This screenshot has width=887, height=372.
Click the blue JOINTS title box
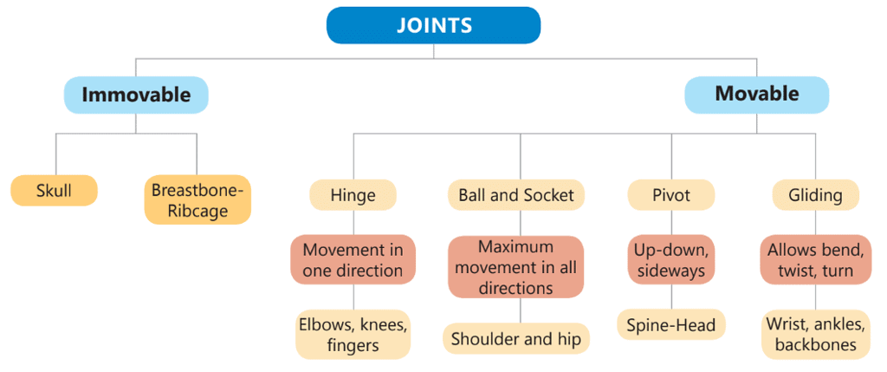(x=433, y=25)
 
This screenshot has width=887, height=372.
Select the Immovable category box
(x=136, y=95)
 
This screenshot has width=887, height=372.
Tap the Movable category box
(x=756, y=95)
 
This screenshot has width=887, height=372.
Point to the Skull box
(x=54, y=191)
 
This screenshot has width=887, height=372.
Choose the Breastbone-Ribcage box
(x=197, y=200)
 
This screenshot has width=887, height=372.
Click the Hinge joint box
(x=353, y=195)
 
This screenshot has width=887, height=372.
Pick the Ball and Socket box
(x=516, y=195)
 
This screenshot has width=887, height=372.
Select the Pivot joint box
(x=671, y=195)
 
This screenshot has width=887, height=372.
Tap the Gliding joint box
(x=815, y=195)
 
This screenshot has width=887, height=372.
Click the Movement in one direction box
(x=353, y=260)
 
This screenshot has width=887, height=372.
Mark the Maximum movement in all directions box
(x=516, y=267)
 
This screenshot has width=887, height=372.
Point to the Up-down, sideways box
(x=671, y=260)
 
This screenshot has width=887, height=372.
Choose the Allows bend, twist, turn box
(x=815, y=260)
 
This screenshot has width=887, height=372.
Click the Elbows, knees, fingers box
(x=353, y=335)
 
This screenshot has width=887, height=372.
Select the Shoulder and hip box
(x=516, y=339)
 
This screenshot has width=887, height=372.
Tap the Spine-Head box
(x=671, y=326)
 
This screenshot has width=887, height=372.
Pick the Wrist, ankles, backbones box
(x=815, y=335)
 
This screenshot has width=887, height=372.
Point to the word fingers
(x=353, y=345)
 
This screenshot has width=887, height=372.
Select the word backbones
(x=815, y=345)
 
